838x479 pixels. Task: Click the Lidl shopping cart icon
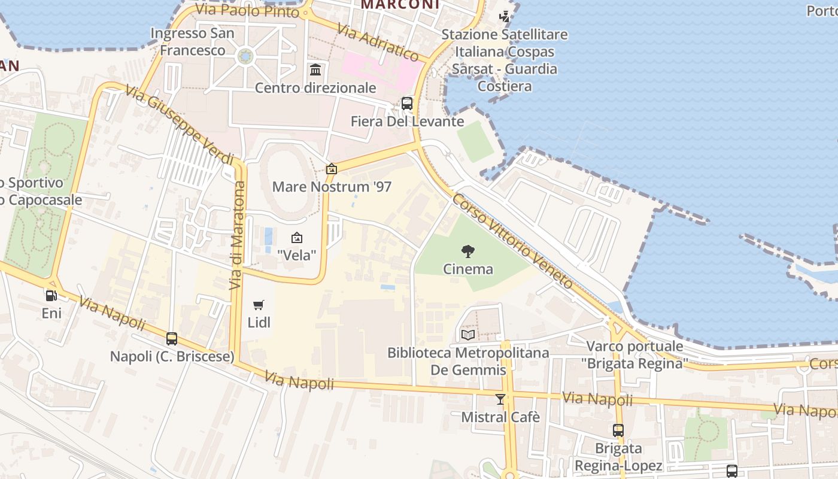click(259, 305)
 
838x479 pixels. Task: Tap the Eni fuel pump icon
click(51, 295)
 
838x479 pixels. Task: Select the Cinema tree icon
click(468, 251)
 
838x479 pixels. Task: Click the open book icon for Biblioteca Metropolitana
click(468, 335)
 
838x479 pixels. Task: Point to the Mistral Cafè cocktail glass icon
click(500, 399)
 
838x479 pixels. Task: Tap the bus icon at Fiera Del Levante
click(407, 104)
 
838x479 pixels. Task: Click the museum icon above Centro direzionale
click(315, 70)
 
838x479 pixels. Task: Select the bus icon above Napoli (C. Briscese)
click(172, 339)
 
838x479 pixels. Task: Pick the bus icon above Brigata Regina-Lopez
click(618, 430)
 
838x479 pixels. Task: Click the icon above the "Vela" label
click(296, 238)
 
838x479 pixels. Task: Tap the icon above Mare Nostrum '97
click(331, 169)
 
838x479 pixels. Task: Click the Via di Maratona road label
click(238, 235)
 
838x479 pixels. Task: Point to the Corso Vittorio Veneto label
click(512, 241)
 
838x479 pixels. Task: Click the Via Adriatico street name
click(378, 42)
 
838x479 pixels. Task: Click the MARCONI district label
click(400, 5)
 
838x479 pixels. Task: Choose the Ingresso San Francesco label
click(192, 42)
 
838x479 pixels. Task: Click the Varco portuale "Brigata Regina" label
click(634, 354)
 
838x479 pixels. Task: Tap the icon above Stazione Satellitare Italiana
click(505, 17)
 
